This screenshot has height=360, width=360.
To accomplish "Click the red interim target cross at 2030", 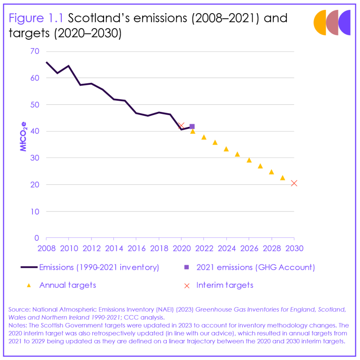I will [x=294, y=183].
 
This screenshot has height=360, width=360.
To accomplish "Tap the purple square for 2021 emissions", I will [x=192, y=126].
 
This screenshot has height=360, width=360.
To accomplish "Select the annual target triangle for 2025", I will [x=237, y=154].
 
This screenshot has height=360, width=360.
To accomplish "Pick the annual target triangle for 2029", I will [x=282, y=178].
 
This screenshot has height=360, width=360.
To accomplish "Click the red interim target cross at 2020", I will [x=181, y=125].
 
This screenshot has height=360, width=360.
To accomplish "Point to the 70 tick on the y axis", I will [x=35, y=51].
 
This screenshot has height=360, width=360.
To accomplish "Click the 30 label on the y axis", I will [x=35, y=158].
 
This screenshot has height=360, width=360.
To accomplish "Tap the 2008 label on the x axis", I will [x=46, y=248].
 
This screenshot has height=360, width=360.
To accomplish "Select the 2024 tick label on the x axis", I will [x=226, y=248].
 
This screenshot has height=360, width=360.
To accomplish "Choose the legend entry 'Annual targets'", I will [x=67, y=285].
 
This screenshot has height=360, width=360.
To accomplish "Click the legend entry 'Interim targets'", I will [x=225, y=285].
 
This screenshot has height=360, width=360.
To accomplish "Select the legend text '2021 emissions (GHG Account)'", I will [x=255, y=267].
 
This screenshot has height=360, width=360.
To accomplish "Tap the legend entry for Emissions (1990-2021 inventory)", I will [x=99, y=267].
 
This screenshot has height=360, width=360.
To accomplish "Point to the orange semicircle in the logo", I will [x=321, y=22].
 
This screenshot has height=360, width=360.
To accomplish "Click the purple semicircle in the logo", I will [x=345, y=22].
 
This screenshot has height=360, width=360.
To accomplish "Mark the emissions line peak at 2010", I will [x=69, y=66].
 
